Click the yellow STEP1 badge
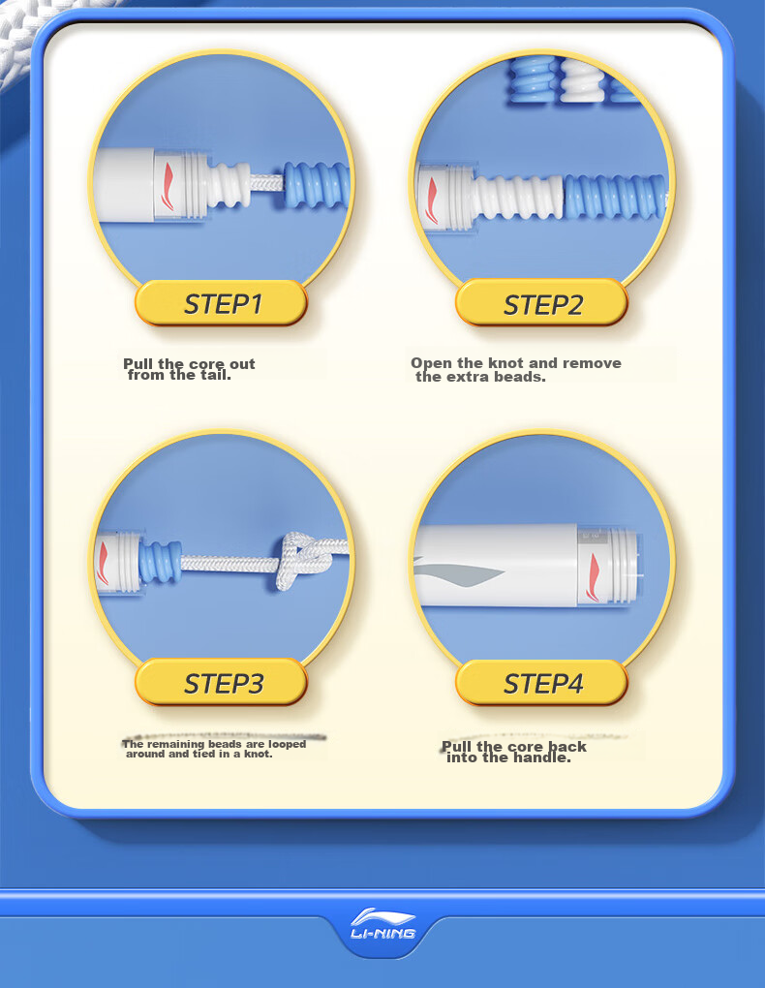tap(221, 303)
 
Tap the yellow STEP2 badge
tap(542, 303)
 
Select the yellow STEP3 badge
tap(221, 683)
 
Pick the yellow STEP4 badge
tap(542, 683)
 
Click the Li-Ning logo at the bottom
tap(382, 924)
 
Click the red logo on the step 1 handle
tap(168, 186)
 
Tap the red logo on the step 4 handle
tap(593, 576)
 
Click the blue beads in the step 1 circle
tap(316, 186)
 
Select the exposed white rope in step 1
tap(266, 183)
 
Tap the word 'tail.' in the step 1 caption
tap(216, 376)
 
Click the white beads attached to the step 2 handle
tap(517, 197)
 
